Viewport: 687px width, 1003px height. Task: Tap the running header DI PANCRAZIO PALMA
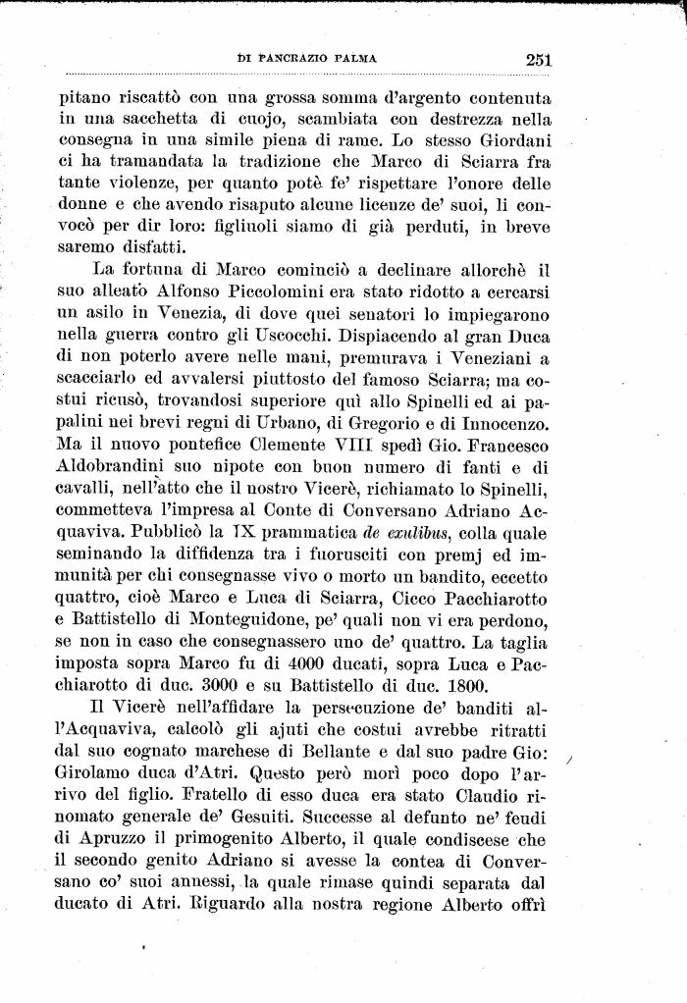(307, 60)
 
